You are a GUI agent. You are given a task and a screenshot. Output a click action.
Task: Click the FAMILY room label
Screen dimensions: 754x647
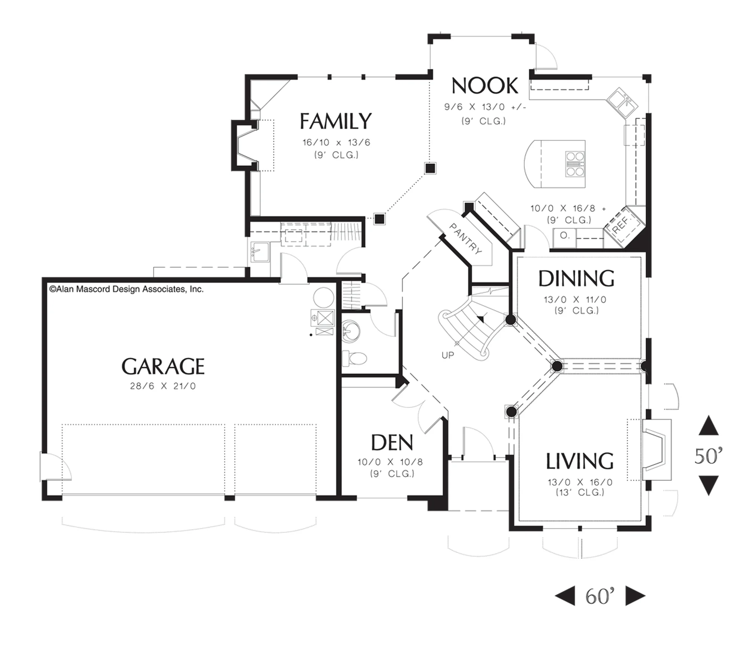pyautogui.click(x=336, y=121)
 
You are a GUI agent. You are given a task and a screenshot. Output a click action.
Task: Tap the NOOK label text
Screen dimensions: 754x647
pyautogui.click(x=485, y=86)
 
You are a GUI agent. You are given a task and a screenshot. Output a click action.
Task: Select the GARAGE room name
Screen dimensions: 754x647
pyautogui.click(x=163, y=366)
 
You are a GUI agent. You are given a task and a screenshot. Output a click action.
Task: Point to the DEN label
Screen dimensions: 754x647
pyautogui.click(x=392, y=442)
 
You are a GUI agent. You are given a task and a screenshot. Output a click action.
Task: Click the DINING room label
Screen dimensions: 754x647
pyautogui.click(x=576, y=279)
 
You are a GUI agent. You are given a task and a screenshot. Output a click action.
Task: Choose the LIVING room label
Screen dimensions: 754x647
pyautogui.click(x=579, y=461)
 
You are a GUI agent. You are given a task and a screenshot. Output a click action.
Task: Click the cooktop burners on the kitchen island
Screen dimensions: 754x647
pyautogui.click(x=575, y=164)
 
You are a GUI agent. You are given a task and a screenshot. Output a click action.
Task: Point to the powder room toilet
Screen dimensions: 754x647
pyautogui.click(x=354, y=358)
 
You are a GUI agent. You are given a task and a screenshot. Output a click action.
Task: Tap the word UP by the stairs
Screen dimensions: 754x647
pyautogui.click(x=448, y=355)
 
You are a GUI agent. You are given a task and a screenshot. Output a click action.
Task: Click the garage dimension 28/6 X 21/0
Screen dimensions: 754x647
pyautogui.click(x=163, y=386)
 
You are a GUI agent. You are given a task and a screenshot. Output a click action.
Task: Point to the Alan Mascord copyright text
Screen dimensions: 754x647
pyautogui.click(x=126, y=289)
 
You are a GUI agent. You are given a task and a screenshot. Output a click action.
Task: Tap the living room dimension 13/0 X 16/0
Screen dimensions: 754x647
pyautogui.click(x=580, y=482)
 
